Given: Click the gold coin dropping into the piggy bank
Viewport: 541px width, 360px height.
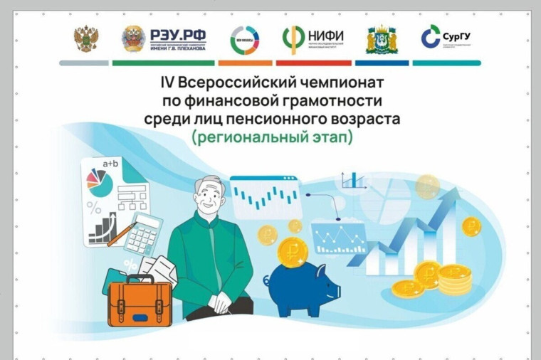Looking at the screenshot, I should click(292, 250).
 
